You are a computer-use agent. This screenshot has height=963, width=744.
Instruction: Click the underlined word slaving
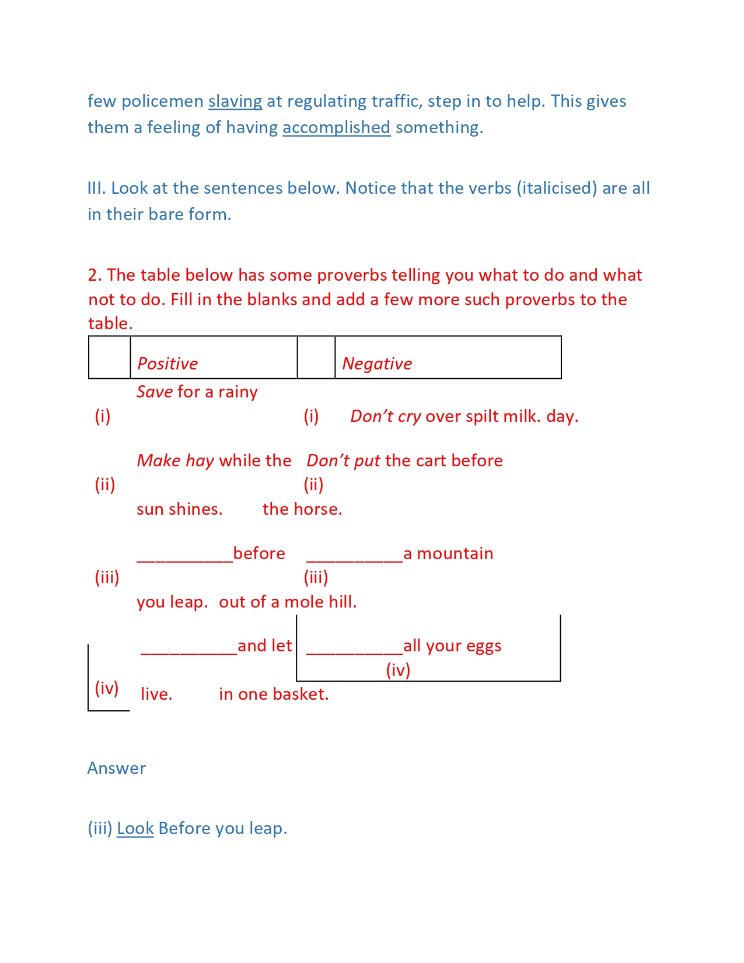point(235,102)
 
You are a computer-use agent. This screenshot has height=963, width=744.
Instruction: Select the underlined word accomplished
point(336,128)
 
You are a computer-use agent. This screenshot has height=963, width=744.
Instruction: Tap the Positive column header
point(167,364)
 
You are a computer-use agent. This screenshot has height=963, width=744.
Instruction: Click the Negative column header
point(377,364)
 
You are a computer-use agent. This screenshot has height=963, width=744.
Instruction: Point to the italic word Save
point(155,392)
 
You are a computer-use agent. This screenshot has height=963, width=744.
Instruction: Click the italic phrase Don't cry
point(385,416)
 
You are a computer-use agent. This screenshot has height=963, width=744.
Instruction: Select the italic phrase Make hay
point(176,460)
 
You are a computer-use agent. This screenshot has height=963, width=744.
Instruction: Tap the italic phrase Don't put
point(343,460)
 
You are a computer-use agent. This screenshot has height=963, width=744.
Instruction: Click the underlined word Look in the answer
point(135,829)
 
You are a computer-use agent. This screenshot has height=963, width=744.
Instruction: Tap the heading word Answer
point(117,768)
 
